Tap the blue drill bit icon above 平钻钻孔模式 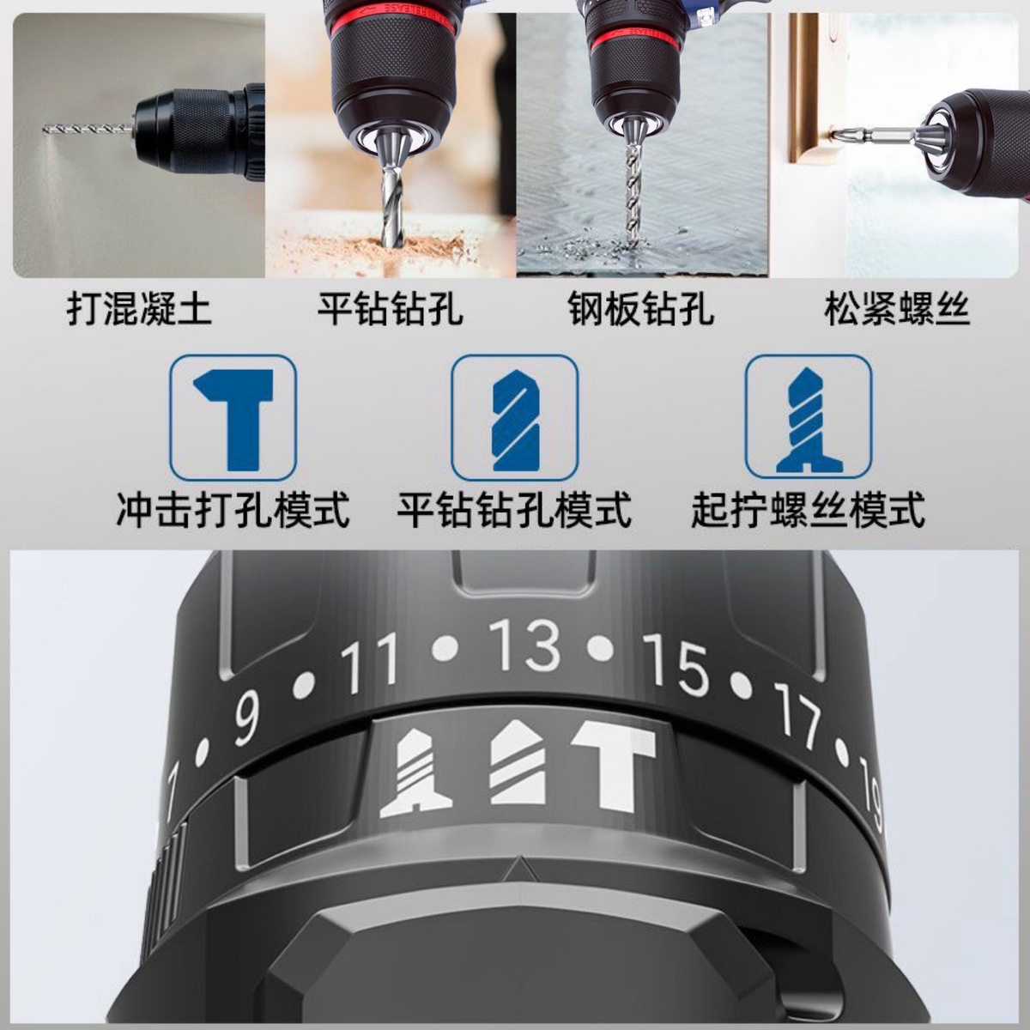(514, 419)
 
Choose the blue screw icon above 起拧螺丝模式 (809, 419)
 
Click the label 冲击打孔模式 (233, 509)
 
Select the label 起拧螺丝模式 (809, 509)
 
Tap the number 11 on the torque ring (371, 663)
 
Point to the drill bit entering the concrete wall (88, 128)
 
